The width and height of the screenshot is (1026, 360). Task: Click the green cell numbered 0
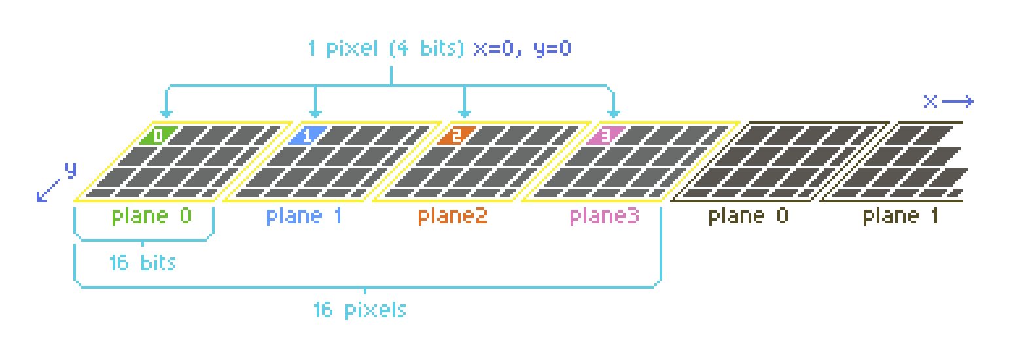(157, 135)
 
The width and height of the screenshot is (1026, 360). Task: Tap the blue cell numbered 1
(306, 135)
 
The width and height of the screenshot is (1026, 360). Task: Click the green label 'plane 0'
(152, 216)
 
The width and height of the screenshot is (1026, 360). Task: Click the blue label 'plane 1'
(304, 216)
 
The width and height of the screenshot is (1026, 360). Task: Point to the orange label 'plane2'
(453, 216)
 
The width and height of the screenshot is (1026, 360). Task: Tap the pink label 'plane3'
(604, 216)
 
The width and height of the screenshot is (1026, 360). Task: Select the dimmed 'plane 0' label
(748, 216)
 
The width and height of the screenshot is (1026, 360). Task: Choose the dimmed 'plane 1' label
(900, 216)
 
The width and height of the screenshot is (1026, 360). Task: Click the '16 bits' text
(142, 262)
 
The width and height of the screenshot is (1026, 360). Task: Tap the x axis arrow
(958, 101)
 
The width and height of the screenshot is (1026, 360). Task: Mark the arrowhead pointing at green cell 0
(166, 113)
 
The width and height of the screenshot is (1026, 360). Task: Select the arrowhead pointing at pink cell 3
(614, 113)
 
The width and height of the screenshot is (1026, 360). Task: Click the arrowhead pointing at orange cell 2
(465, 113)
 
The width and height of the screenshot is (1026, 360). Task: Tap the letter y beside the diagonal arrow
(71, 170)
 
